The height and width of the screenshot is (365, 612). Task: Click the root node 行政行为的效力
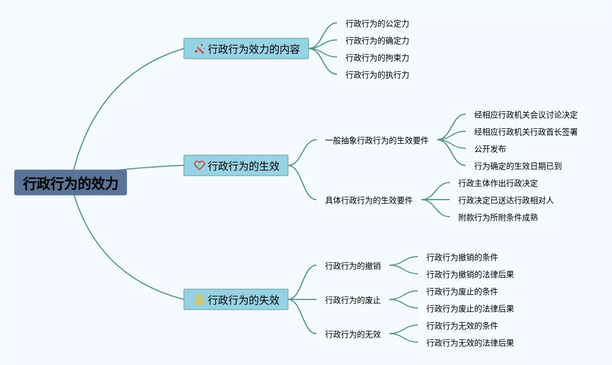71,183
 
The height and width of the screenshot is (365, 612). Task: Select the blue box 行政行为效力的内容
246,49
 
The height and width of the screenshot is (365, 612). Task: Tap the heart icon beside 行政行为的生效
199,166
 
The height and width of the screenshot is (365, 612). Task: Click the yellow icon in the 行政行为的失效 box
199,299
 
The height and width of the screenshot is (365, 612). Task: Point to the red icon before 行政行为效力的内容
199,49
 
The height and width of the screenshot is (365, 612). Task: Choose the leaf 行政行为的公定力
377,24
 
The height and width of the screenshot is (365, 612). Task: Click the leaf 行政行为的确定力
377,41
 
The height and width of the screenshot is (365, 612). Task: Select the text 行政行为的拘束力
377,58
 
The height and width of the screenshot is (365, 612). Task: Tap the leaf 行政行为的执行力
377,75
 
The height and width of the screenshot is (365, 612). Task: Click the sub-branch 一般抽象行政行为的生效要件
376,140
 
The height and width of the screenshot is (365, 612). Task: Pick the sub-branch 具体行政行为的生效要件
368,200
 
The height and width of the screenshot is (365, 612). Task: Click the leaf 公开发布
490,149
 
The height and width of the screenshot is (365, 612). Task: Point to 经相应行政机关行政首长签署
525,132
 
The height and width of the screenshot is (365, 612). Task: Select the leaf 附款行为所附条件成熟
498,217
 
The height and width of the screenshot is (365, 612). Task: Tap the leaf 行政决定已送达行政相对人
506,200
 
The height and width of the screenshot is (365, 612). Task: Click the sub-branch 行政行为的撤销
352,266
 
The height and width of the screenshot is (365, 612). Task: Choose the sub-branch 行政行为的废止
352,300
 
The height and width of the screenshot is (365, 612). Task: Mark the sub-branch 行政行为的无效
352,334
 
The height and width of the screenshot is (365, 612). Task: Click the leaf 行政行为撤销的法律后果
470,274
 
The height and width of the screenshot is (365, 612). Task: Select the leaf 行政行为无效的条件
462,326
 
